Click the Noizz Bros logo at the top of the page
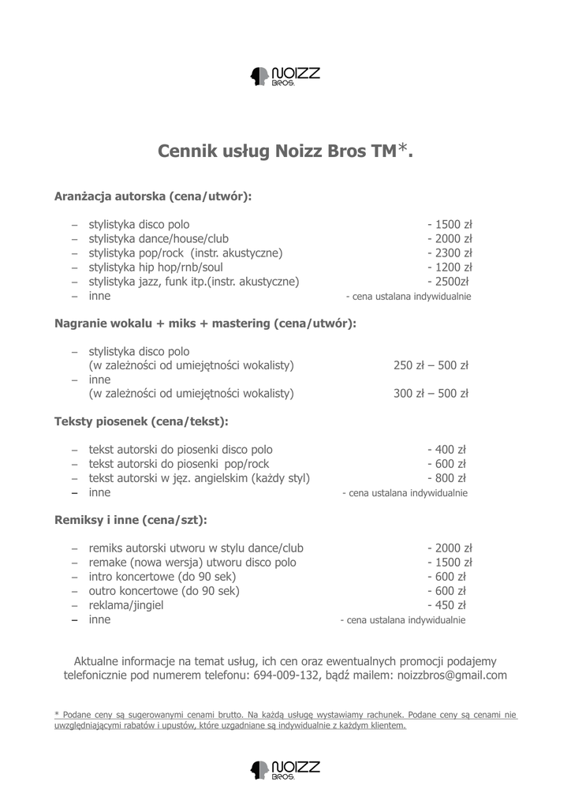[x=285, y=77]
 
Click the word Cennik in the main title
[x=187, y=151]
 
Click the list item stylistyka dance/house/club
[x=159, y=239]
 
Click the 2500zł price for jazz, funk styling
[x=448, y=282]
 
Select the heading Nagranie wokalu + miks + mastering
[x=205, y=324]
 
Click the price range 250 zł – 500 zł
[x=431, y=365]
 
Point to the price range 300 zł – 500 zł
[x=431, y=394]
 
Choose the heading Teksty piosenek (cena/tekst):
[x=141, y=421]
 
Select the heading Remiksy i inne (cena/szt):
[x=131, y=520]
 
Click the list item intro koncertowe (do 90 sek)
[x=164, y=577]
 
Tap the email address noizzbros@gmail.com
[x=452, y=675]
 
